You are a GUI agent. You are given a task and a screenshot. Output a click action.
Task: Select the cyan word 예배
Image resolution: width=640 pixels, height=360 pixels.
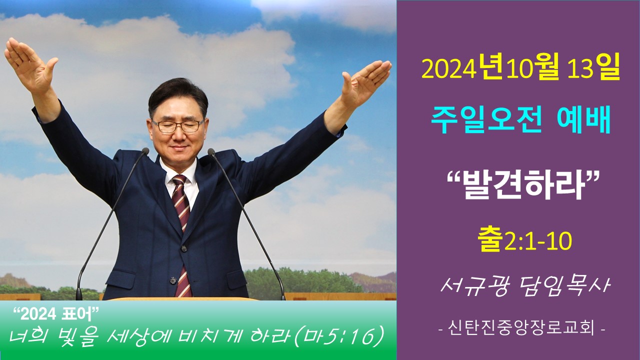584,120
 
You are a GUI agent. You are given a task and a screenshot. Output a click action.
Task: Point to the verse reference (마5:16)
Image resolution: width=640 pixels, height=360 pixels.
338,337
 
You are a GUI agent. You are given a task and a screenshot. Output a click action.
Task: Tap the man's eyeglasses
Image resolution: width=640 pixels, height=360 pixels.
177,125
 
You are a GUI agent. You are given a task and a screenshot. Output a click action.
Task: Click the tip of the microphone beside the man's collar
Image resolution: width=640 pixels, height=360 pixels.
211,151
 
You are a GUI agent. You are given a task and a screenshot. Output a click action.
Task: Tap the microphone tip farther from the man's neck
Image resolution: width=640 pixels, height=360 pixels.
145,151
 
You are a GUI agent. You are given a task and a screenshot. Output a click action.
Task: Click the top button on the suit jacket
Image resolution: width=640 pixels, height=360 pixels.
183,249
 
